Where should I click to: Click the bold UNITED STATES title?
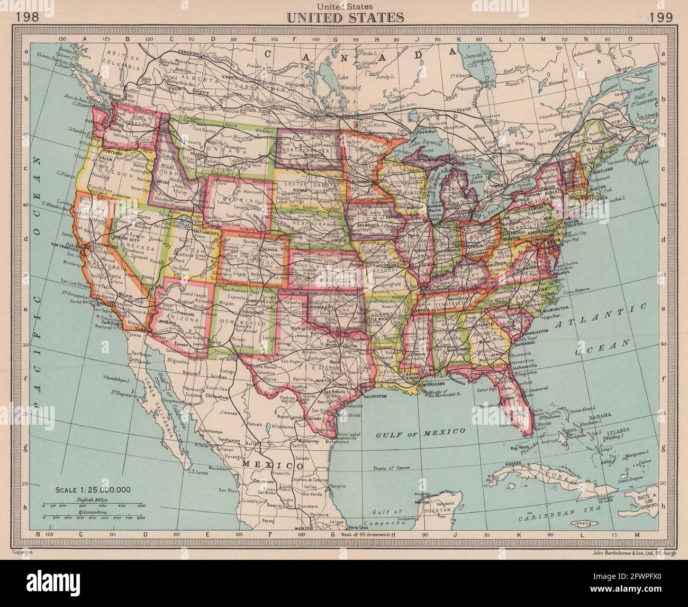click(345, 17)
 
